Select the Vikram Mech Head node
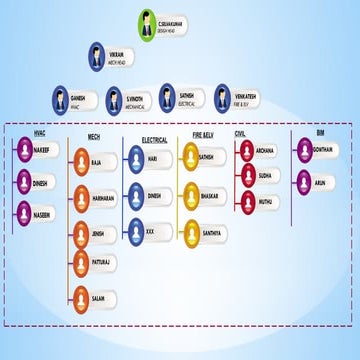pos(108,57)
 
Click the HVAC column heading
pos(40,132)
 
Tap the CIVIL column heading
pos(240,132)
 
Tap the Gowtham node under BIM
pos(314,149)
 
